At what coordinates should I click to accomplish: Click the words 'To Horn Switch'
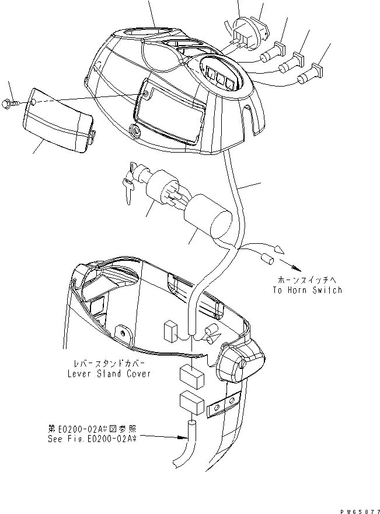coord(307,289)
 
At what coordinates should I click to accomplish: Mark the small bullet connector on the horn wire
coord(269,257)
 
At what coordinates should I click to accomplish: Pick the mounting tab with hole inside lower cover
coord(124,333)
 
